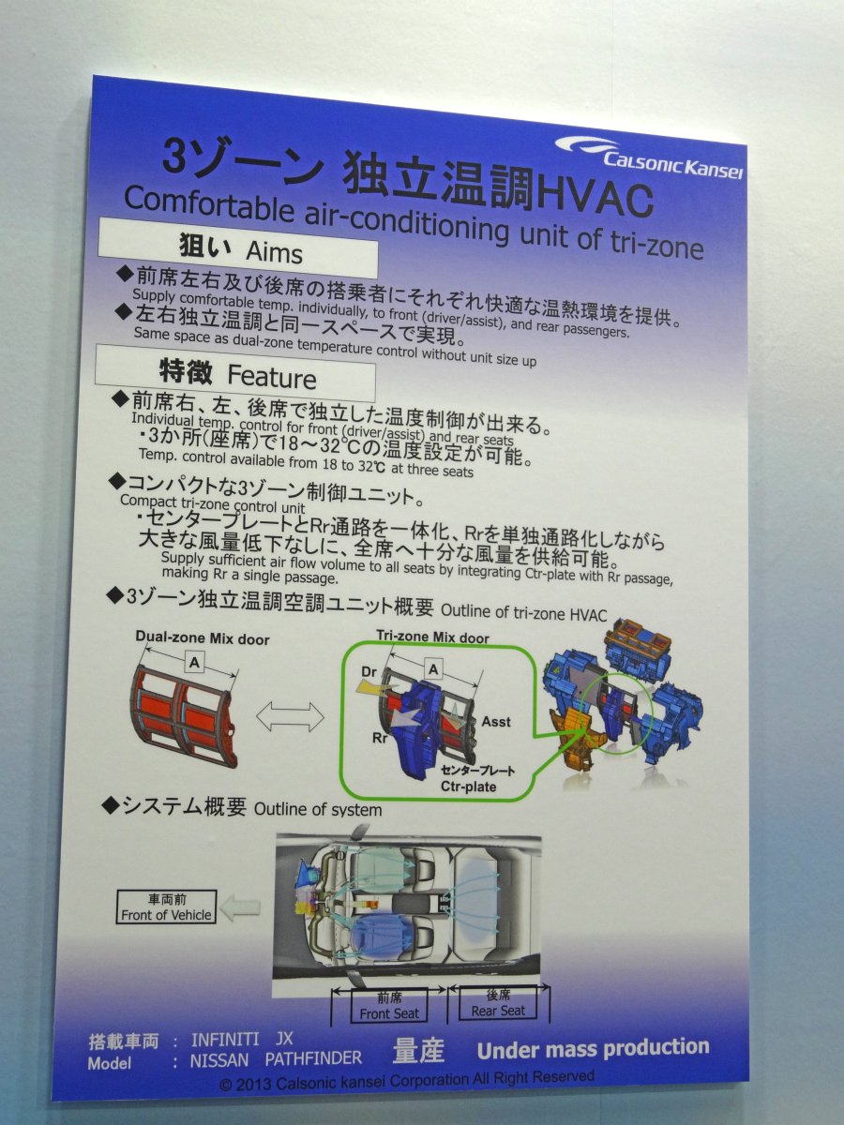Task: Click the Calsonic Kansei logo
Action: coord(649,157)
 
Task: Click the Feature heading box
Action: coord(235,372)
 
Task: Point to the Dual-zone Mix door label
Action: coord(203,638)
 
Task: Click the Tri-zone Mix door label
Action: coord(433,637)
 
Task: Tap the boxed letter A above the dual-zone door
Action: coord(194,663)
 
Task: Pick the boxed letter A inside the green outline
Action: coord(433,669)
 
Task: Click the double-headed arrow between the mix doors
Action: coord(290,718)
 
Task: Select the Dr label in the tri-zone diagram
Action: coord(369,672)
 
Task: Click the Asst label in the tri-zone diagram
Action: coord(496,721)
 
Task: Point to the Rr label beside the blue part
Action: coord(380,738)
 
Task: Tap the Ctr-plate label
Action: coord(469,787)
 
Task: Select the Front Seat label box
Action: coord(389,1005)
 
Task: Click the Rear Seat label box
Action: coord(498,1002)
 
